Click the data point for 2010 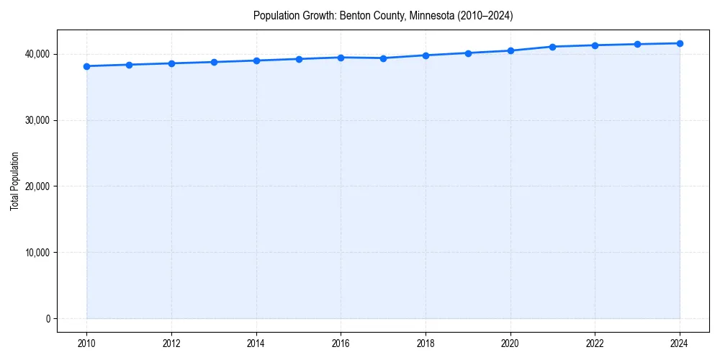(86, 66)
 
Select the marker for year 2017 (383, 58)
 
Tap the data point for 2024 (680, 43)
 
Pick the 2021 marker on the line (552, 47)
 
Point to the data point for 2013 (214, 62)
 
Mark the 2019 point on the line (468, 53)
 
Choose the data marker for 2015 (299, 59)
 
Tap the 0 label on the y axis (48, 319)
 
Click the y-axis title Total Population (14, 181)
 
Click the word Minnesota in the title (428, 16)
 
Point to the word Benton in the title (354, 16)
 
